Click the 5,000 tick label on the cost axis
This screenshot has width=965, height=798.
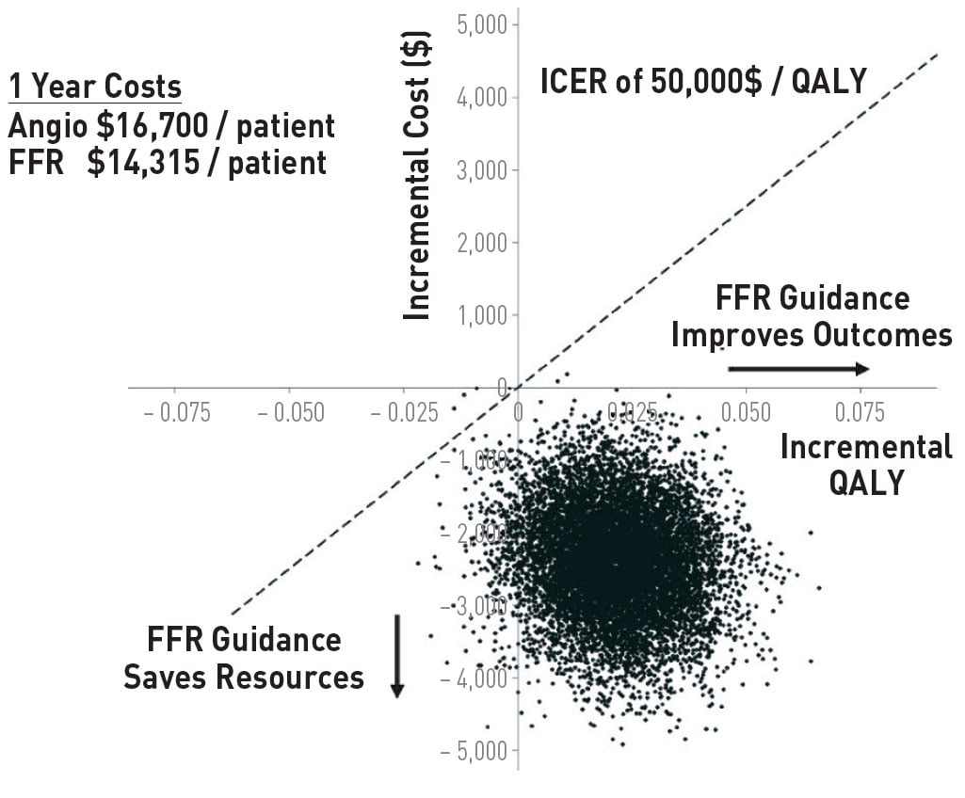tap(482, 24)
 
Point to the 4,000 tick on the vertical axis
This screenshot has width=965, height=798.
tap(482, 98)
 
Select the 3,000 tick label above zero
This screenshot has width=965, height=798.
tap(482, 170)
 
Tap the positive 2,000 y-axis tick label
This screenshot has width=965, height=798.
tap(482, 243)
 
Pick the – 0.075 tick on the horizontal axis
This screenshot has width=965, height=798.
tap(177, 412)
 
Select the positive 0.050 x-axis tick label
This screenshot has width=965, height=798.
tap(745, 412)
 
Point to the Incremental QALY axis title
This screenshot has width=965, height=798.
tap(866, 464)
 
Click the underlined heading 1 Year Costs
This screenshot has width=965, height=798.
tap(94, 88)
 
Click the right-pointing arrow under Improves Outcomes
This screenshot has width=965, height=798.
tap(797, 368)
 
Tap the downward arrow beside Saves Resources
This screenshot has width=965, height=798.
tap(397, 656)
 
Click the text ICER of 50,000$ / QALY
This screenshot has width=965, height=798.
tap(703, 82)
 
